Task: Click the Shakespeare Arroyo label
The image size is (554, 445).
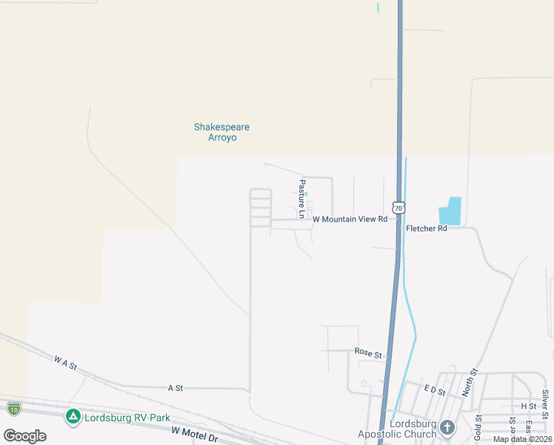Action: [x=221, y=132]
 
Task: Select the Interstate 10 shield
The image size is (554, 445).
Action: [x=13, y=407]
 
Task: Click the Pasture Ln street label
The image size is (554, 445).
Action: [x=302, y=199]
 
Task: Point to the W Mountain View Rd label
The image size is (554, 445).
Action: [x=350, y=220]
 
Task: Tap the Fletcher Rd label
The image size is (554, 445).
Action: [x=427, y=228]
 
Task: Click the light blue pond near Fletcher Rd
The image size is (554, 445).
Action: [x=450, y=211]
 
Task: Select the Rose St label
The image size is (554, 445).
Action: [x=368, y=354]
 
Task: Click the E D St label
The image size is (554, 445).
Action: [x=434, y=390]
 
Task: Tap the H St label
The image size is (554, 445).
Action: [x=528, y=406]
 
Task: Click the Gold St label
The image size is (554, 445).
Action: [x=478, y=429]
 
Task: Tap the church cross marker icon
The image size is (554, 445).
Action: [x=447, y=427]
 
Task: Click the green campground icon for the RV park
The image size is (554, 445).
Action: [x=73, y=417]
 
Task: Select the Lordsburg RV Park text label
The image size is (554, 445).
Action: [x=127, y=418]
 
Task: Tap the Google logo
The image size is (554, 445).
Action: [x=25, y=435]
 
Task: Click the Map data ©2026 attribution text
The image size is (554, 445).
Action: [x=523, y=439]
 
